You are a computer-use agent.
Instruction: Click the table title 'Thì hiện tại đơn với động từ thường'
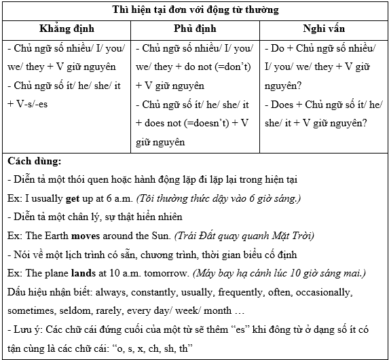pyautogui.click(x=195, y=10)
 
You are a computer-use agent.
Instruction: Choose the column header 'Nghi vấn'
pyautogui.click(x=324, y=30)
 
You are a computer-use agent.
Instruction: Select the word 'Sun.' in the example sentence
pyautogui.click(x=158, y=235)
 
